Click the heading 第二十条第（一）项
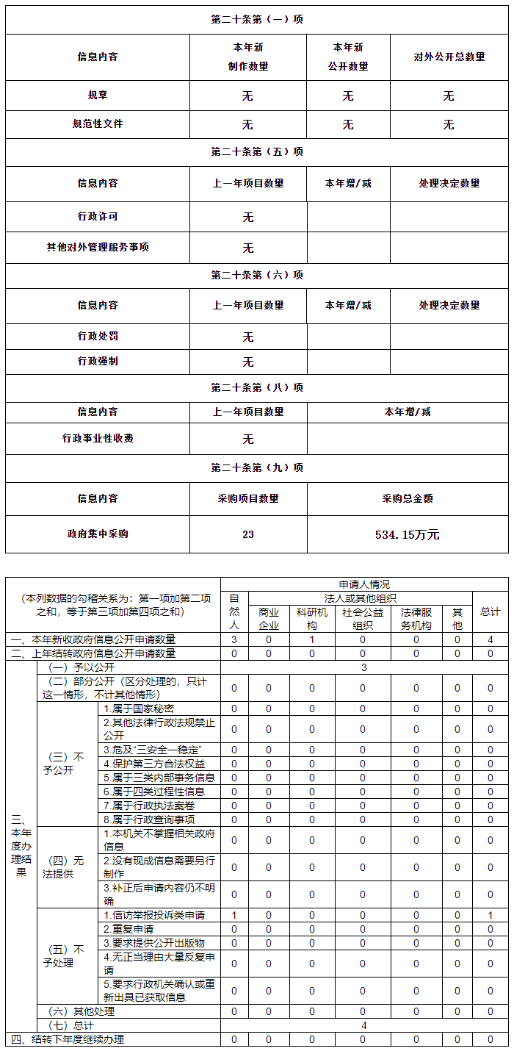pyautogui.click(x=256, y=20)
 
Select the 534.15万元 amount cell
pyautogui.click(x=407, y=534)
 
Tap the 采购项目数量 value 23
pyautogui.click(x=248, y=534)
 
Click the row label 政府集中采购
pyautogui.click(x=98, y=534)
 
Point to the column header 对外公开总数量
pyautogui.click(x=449, y=57)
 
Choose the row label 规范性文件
pyautogui.click(x=98, y=124)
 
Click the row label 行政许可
pyautogui.click(x=98, y=217)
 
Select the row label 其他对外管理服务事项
pyautogui.click(x=98, y=248)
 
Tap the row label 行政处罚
pyautogui.click(x=98, y=336)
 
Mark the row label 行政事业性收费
pyautogui.click(x=98, y=438)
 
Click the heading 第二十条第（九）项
pyautogui.click(x=256, y=467)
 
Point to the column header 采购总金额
pyautogui.click(x=407, y=498)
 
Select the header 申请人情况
pyautogui.click(x=364, y=584)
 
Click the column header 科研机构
pyautogui.click(x=311, y=618)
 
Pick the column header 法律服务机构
pyautogui.click(x=416, y=618)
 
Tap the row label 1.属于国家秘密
pyautogui.click(x=139, y=709)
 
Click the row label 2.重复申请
pyautogui.click(x=128, y=929)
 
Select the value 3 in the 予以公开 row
pyautogui.click(x=363, y=667)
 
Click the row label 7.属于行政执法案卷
pyautogui.click(x=149, y=806)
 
